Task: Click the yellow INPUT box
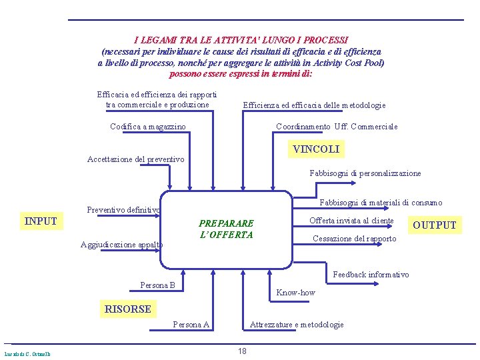point(41,221)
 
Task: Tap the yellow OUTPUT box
point(435,225)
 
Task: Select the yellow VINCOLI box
point(316,149)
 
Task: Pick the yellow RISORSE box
point(127,309)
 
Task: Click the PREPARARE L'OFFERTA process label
point(226,229)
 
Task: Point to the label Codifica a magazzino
point(148,127)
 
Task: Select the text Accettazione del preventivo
point(136,159)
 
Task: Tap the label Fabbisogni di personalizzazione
point(365,173)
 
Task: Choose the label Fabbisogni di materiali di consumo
point(381,203)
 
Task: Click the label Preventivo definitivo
point(123,210)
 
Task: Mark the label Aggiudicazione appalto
point(121,245)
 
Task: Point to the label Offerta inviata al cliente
point(351,221)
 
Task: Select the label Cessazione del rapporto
point(354,239)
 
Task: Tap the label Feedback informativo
point(371,275)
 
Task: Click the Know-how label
point(295,293)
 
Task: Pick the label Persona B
point(157,285)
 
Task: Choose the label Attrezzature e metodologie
point(297,325)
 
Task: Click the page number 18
point(242,351)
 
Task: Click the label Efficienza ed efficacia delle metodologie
point(314,105)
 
